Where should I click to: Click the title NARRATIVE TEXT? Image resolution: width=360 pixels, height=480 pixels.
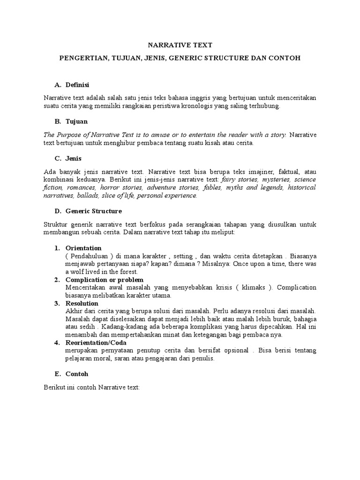pos(180,45)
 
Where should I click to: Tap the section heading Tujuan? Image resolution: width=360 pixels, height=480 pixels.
pos(76,121)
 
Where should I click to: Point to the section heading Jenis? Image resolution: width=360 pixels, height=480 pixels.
pos(74,158)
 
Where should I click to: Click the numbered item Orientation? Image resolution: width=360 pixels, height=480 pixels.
pos(83,248)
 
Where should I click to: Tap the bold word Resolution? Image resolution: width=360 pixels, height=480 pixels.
pos(82,303)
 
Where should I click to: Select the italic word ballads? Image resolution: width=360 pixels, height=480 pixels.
pos(87,195)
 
